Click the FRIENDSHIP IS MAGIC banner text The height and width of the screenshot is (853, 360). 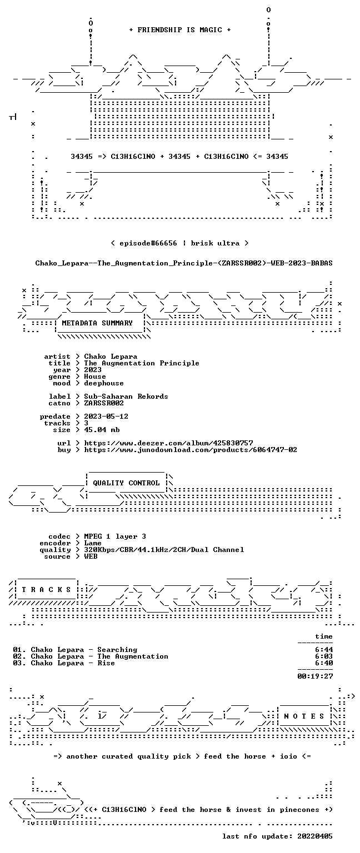180,29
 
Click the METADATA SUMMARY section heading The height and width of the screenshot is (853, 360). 97,323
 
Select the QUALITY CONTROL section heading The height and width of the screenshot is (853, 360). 127,483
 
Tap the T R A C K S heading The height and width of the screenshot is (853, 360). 46,589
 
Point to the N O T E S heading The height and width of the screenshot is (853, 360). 304,716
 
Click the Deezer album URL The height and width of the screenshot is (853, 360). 168,443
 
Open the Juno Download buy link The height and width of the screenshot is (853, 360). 191,450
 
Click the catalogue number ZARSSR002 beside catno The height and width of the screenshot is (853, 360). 104,403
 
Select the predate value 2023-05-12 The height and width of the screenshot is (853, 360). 106,416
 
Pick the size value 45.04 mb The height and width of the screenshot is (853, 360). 102,429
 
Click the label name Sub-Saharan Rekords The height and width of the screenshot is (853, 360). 126,396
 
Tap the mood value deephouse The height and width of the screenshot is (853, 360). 104,383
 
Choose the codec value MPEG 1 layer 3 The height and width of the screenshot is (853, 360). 115,536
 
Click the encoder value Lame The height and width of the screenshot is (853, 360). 93,543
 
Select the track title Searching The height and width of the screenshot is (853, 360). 117,650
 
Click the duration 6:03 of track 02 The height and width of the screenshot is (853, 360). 324,656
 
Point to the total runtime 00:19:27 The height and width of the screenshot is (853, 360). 315,676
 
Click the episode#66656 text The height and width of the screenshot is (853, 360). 148,243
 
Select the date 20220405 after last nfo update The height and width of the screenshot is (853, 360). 315,836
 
